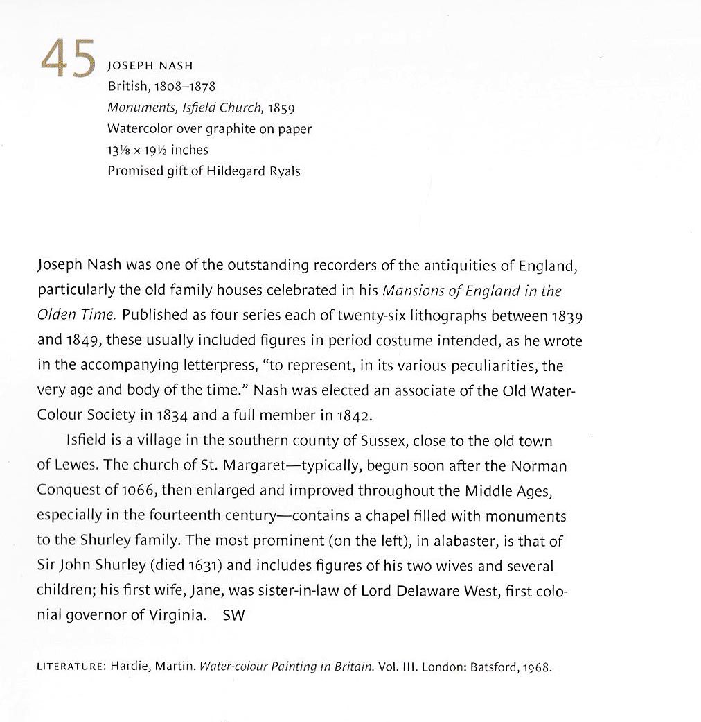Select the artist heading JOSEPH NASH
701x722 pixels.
[150, 67]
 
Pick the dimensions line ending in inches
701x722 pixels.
[158, 150]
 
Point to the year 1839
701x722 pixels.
[567, 316]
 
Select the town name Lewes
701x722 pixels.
[73, 466]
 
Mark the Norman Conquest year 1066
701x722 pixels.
[139, 491]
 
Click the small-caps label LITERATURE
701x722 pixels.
[70, 669]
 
